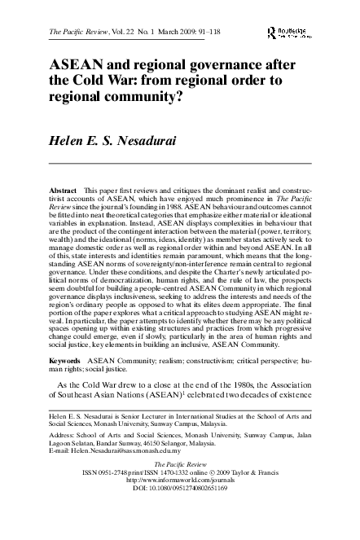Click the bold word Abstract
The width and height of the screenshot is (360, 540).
pos(64,190)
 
